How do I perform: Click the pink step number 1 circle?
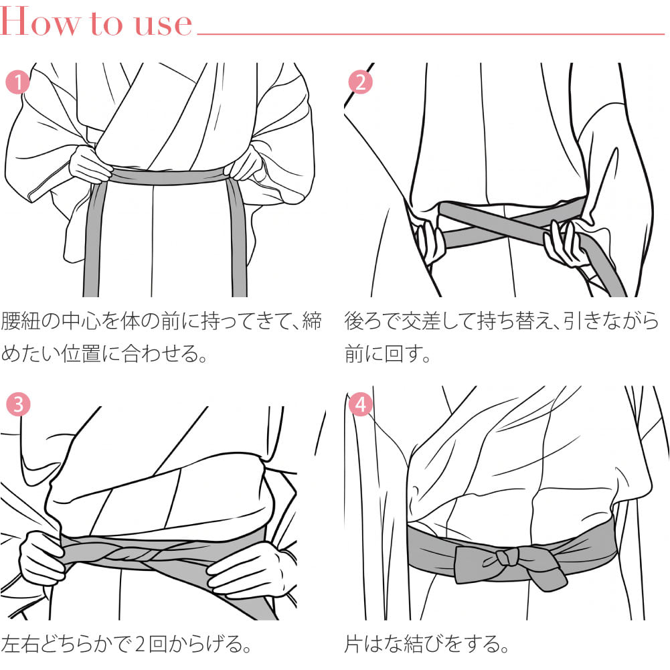[17, 82]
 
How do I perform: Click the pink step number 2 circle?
[360, 82]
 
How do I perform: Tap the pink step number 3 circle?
[18, 404]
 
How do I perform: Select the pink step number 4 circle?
[360, 404]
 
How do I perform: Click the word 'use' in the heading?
[163, 24]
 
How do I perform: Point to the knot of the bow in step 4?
[507, 557]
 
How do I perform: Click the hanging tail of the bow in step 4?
[548, 575]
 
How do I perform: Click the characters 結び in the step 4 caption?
[421, 645]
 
